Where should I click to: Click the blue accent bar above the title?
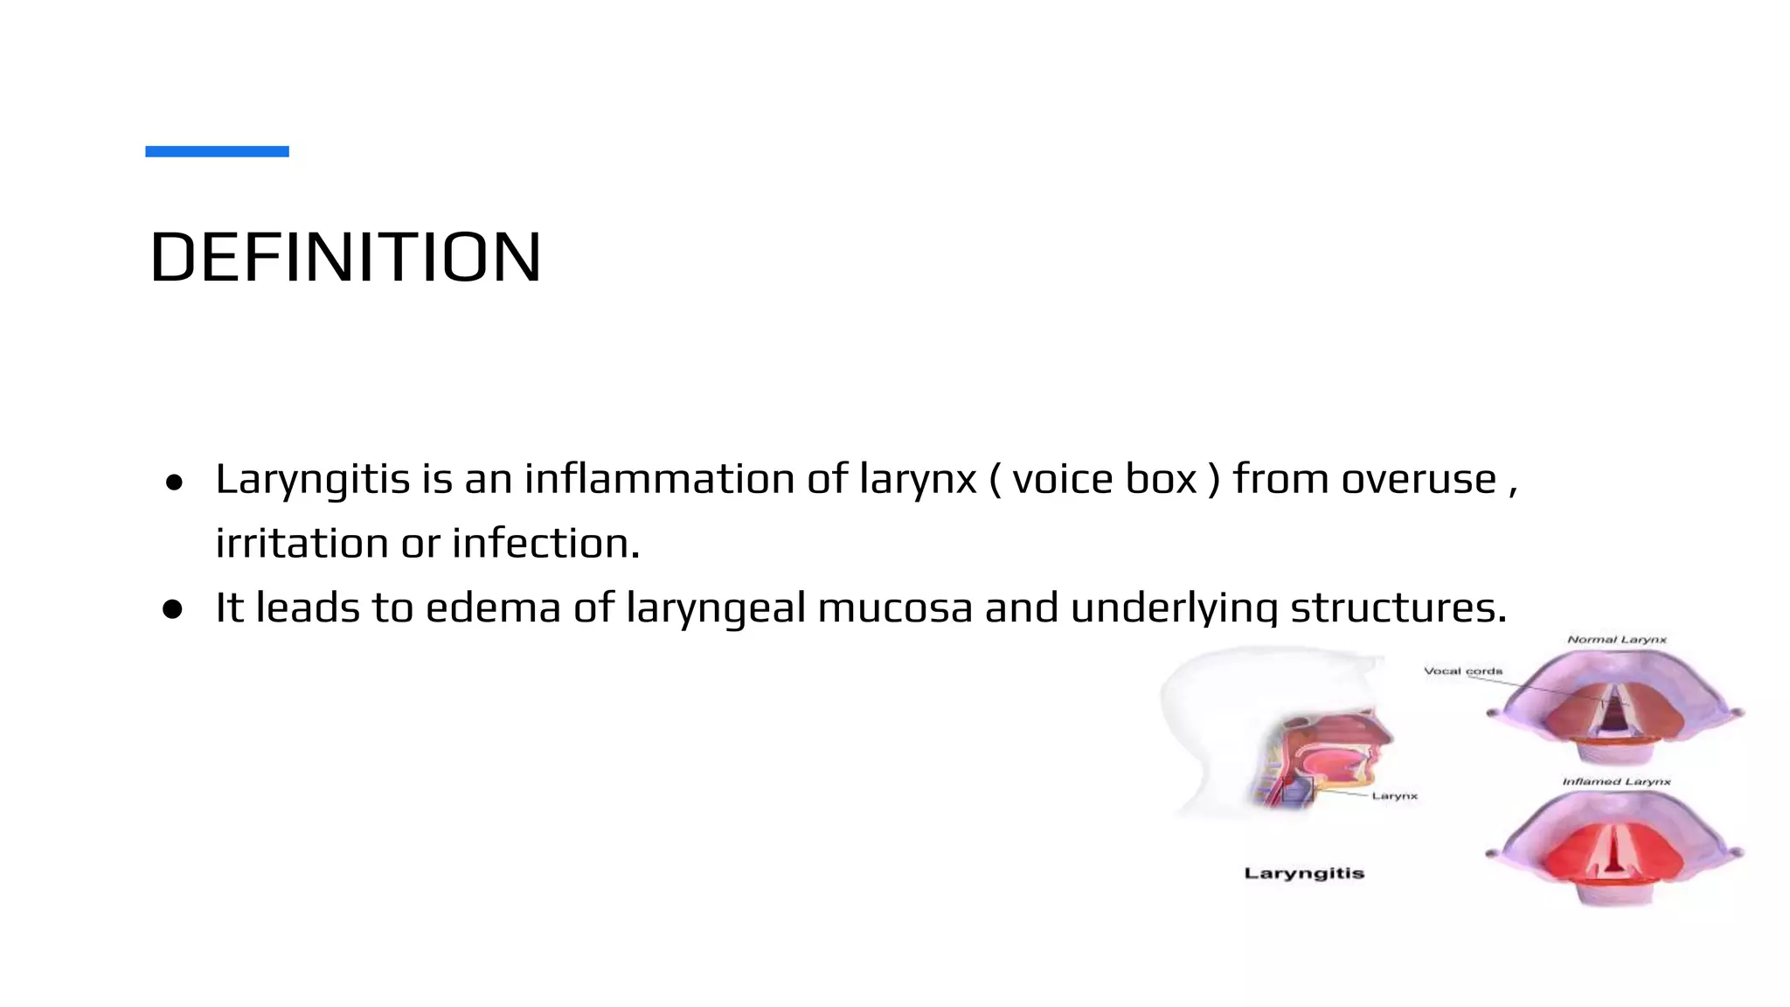(x=217, y=151)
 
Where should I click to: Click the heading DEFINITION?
(x=346, y=258)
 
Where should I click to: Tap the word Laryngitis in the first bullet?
(x=312, y=479)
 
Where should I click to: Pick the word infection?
(x=546, y=543)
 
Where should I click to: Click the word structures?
(x=1398, y=608)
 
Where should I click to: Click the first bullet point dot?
(x=174, y=482)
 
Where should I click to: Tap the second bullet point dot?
(x=173, y=609)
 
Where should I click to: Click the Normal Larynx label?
(x=1617, y=640)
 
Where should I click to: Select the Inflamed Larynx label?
(x=1616, y=781)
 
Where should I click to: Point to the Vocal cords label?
(x=1463, y=671)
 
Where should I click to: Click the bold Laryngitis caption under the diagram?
(x=1304, y=873)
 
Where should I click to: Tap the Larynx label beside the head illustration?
(x=1395, y=796)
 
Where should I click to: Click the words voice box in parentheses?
(x=1105, y=479)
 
